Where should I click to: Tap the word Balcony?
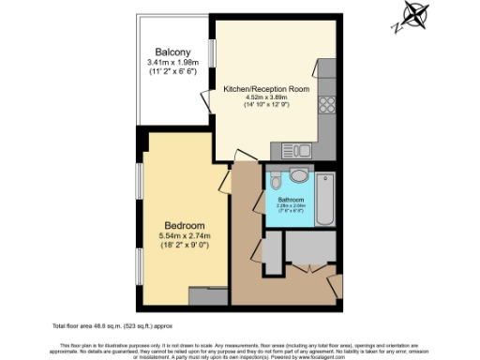(173, 52)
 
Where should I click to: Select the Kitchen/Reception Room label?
(265, 88)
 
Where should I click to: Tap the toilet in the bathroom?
(298, 174)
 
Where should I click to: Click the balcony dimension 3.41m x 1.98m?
(173, 63)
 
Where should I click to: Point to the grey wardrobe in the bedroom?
(206, 296)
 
